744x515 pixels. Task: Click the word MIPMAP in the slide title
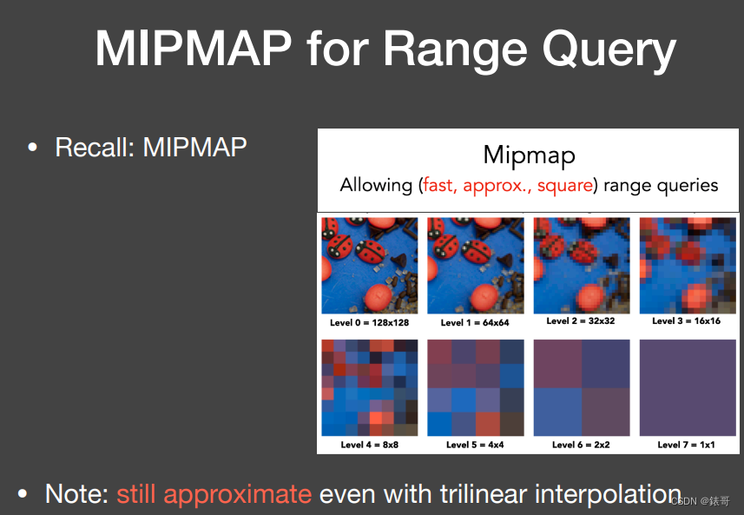193,49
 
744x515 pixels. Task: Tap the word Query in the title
609,51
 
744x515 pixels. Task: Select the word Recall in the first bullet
95,147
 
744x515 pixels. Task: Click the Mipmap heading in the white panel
529,155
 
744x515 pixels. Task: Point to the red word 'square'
564,185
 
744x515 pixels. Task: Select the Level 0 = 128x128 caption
369,323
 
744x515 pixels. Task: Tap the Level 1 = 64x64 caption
475,323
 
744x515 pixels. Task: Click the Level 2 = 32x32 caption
581,320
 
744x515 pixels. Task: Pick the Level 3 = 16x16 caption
686,320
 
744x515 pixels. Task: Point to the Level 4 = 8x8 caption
370,445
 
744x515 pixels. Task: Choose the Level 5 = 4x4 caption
475,445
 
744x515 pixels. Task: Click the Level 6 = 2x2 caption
581,445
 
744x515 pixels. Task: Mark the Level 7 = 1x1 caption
686,445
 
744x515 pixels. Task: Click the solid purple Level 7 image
688,387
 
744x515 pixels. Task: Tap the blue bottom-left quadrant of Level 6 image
557,412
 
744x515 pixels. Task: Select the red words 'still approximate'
214,494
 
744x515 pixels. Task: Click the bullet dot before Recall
32,148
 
